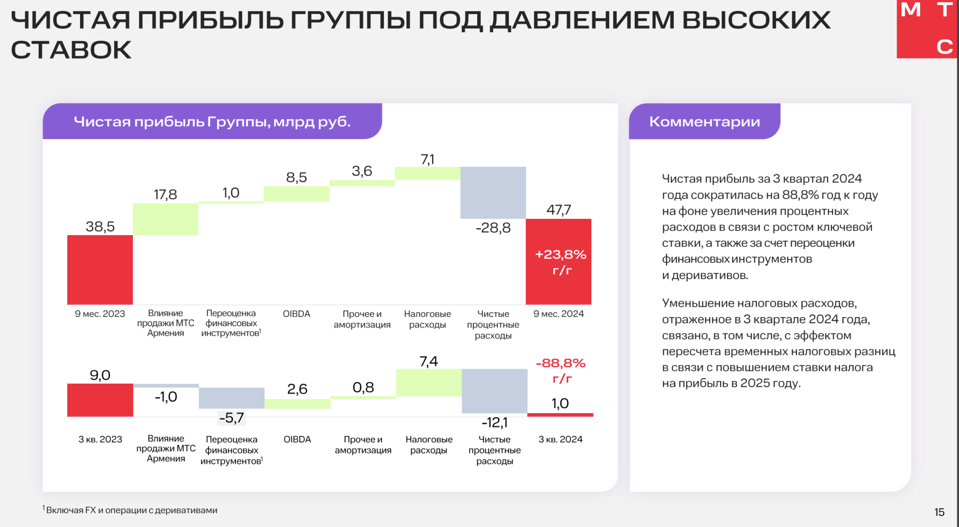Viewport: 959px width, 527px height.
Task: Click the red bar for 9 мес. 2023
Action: point(100,269)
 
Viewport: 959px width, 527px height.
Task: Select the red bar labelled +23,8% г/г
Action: point(558,261)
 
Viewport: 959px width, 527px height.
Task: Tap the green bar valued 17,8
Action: point(165,219)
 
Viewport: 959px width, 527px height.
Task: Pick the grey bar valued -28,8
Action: point(493,193)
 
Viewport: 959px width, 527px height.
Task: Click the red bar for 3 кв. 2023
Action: point(100,400)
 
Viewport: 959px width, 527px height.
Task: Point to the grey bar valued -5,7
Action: point(231,398)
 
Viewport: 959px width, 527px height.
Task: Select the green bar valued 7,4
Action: point(428,382)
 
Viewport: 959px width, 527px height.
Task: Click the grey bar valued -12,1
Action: point(494,391)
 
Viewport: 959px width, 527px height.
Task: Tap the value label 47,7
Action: point(558,210)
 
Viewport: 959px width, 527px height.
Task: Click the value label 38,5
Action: point(100,227)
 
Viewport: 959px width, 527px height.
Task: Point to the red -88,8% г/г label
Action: point(561,370)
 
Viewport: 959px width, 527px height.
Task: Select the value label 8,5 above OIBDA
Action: point(296,178)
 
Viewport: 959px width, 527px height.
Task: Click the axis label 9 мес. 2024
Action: point(558,314)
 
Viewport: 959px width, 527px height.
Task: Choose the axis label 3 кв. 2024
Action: point(560,439)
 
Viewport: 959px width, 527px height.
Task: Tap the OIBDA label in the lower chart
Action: point(297,439)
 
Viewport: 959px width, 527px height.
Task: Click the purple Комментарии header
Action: point(704,122)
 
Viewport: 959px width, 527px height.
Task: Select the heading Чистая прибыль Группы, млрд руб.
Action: point(212,122)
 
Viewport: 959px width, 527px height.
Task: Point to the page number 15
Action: point(939,512)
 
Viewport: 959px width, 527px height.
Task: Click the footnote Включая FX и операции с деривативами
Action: point(131,510)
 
